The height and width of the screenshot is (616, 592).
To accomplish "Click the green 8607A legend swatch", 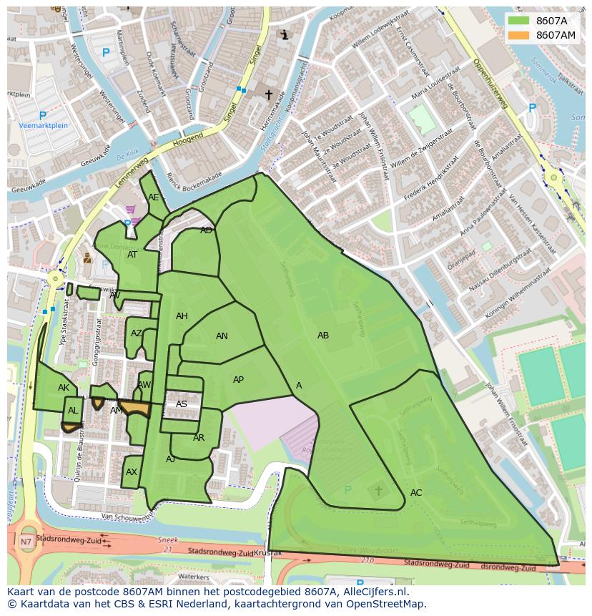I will pos(519,21).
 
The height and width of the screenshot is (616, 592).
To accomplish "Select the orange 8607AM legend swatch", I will pos(519,35).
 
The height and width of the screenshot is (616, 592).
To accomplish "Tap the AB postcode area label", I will pos(323,335).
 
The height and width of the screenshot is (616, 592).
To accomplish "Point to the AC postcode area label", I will pos(416,493).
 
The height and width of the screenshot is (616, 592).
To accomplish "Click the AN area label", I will pos(222,336).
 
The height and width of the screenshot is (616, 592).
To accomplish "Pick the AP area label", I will pos(239,380).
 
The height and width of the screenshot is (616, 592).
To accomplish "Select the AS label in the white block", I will pos(182,404).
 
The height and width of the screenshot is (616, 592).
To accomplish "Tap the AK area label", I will pos(64,388).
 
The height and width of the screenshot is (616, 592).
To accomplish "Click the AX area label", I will pos(132,472).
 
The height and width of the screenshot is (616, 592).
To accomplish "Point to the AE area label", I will pos(154,197).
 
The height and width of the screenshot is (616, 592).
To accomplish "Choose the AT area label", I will pos(132,255).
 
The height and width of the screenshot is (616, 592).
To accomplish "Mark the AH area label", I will pos(182,316).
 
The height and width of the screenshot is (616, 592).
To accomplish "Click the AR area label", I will pos(199,438).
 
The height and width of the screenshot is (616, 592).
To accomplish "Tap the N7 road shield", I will pos(26,542).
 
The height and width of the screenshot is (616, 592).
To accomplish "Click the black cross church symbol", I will pos(269,94).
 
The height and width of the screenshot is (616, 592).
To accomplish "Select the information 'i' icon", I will pos(285,34).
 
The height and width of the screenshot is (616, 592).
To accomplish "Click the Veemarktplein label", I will pos(43,125).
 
